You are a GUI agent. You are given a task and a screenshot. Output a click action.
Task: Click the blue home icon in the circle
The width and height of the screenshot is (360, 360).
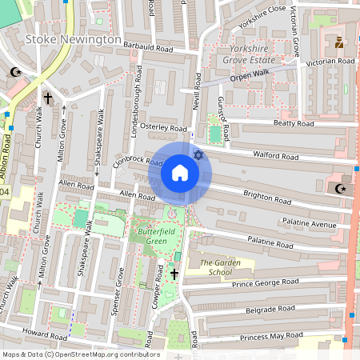pyautogui.click(x=180, y=173)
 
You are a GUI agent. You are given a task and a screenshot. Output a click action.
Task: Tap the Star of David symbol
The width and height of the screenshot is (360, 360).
pyautogui.click(x=197, y=154)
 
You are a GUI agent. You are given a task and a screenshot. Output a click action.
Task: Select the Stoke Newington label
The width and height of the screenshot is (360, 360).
pyautogui.click(x=73, y=39)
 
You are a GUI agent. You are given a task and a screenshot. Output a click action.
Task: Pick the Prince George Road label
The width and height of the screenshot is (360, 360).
pyautogui.click(x=265, y=282)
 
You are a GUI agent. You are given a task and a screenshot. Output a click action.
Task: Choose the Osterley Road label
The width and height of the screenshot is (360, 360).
pyautogui.click(x=162, y=127)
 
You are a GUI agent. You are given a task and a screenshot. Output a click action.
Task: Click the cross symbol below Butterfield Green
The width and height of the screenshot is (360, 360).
pyautogui.click(x=174, y=274)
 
